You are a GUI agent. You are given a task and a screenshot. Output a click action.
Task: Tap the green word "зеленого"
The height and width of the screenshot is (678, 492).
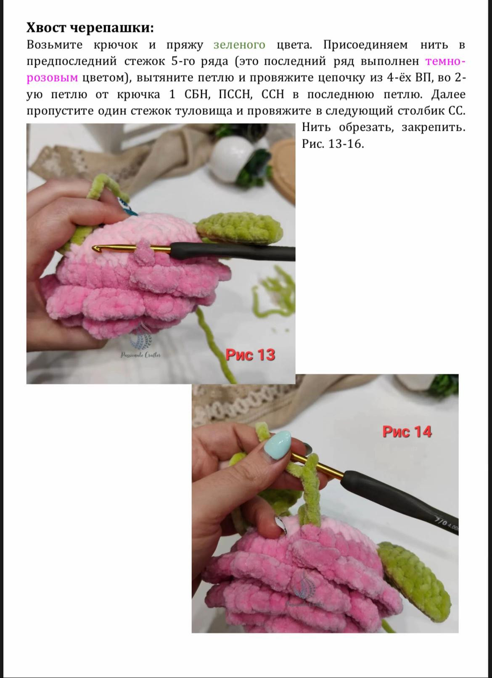pyautogui.click(x=239, y=45)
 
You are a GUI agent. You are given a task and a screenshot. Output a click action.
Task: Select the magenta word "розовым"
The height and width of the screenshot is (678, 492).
pyautogui.click(x=52, y=78)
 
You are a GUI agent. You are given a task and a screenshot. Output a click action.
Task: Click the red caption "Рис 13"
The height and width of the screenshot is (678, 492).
pyautogui.click(x=250, y=355)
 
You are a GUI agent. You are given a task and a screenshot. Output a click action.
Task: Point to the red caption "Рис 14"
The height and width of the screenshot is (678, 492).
pyautogui.click(x=407, y=432)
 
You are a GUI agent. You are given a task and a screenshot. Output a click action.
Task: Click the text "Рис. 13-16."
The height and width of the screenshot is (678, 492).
pyautogui.click(x=333, y=144)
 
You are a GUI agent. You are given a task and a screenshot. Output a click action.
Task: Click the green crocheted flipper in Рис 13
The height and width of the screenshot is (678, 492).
pyautogui.click(x=240, y=228)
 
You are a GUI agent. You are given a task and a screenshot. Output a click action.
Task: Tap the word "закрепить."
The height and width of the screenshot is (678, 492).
pyautogui.click(x=433, y=127)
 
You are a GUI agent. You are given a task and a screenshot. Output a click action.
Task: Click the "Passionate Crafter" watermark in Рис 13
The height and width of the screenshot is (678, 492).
pyautogui.click(x=141, y=355)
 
